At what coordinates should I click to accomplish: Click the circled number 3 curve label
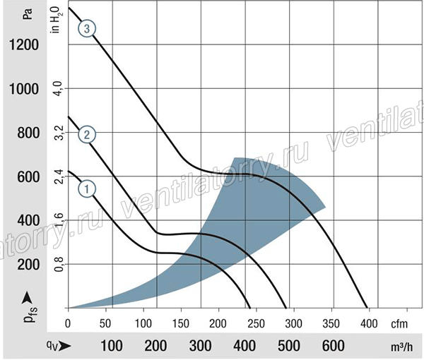tap(87, 29)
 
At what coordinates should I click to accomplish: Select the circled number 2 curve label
tap(87, 135)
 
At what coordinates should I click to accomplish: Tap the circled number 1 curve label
tap(87, 188)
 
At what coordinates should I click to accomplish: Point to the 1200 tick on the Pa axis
tap(24, 44)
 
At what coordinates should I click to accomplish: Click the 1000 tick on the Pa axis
tap(24, 89)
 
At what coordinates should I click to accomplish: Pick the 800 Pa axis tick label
tap(28, 133)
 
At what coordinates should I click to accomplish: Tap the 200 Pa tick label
tap(28, 265)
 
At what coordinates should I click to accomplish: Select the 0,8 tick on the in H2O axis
tap(59, 264)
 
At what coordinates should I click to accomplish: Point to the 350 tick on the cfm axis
tap(331, 323)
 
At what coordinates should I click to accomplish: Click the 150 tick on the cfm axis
tap(181, 323)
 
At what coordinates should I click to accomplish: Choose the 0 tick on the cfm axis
tap(68, 323)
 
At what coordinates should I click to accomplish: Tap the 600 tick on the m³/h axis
tap(333, 346)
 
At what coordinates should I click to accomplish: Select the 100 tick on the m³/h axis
tap(112, 346)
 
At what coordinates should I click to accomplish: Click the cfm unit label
tap(399, 324)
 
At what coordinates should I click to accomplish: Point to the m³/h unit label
tap(402, 347)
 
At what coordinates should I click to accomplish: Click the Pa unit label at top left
tap(28, 14)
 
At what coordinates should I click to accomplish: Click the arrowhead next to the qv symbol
tap(65, 346)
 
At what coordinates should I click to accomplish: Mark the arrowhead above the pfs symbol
tap(27, 298)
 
